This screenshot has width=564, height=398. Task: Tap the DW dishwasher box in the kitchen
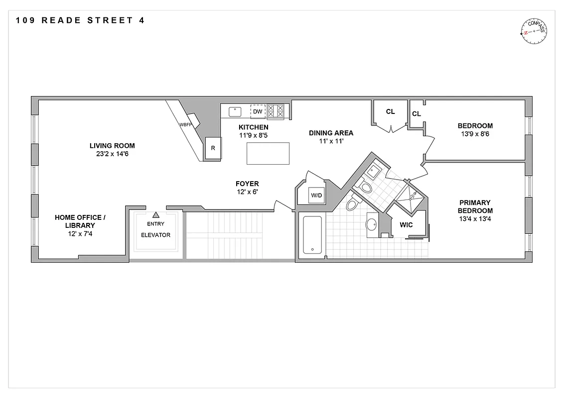258,111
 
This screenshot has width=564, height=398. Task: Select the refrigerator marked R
213,148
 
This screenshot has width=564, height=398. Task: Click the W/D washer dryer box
316,195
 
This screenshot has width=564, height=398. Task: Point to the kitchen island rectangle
268,153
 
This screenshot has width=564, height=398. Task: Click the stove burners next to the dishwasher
276,111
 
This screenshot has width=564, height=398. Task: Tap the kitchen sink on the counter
235,111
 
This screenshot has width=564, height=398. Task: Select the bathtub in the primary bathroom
312,235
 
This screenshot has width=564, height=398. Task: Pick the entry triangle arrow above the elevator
155,215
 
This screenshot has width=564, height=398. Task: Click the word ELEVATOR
155,235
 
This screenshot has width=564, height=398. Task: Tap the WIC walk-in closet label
406,225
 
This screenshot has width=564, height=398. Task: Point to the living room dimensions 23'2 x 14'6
112,154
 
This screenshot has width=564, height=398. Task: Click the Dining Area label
331,133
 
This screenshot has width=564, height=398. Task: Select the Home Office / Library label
80,221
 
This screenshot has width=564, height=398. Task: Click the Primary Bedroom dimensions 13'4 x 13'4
475,218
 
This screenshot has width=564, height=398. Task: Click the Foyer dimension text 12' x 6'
248,192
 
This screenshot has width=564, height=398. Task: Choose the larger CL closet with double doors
390,113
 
